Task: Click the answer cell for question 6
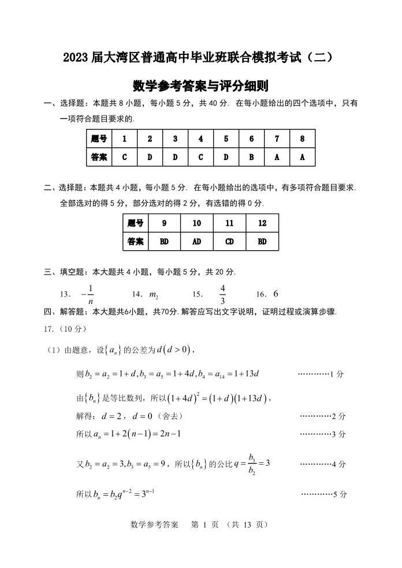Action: [251, 157]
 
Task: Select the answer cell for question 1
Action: [124, 157]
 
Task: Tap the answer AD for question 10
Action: [197, 241]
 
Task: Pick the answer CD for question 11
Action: [229, 241]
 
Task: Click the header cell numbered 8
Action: [302, 139]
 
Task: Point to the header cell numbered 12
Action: [262, 223]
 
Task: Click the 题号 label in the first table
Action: [99, 139]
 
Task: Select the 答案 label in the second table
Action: [136, 241]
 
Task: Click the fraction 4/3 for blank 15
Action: [222, 294]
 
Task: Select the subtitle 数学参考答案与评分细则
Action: [200, 86]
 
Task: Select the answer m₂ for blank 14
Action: [154, 295]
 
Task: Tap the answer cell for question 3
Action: [175, 157]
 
